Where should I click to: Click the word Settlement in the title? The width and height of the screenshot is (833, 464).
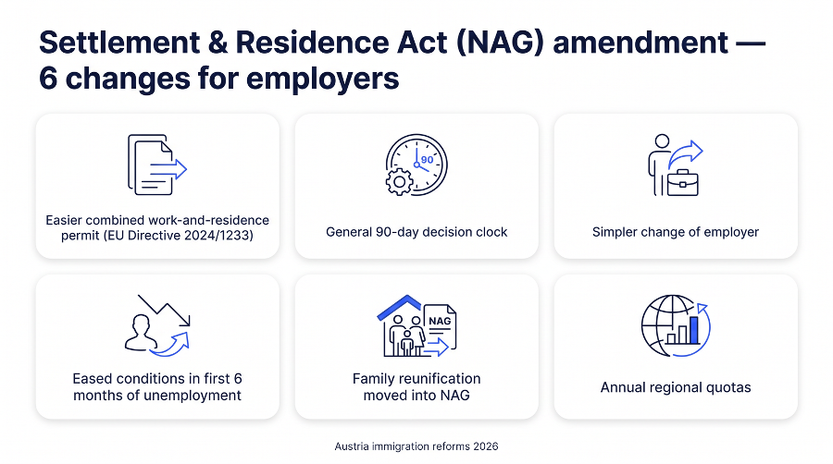(119, 43)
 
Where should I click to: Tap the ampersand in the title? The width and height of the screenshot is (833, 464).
(218, 43)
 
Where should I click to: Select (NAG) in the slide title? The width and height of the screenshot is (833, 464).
(500, 43)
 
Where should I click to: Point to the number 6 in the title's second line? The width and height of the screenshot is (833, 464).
(48, 79)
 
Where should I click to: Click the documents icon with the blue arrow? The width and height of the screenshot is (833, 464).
(157, 165)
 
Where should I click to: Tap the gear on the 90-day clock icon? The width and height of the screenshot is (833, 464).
(400, 182)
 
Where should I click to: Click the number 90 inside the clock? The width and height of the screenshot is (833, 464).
(427, 160)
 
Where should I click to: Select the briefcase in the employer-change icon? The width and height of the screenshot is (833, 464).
(683, 183)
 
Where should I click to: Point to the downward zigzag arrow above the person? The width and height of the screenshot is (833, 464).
(164, 310)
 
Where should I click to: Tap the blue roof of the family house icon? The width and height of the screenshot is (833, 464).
(400, 307)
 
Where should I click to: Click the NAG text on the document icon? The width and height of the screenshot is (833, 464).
(440, 321)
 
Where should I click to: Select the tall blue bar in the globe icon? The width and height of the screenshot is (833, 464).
(694, 330)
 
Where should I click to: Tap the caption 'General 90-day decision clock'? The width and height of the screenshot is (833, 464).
(416, 232)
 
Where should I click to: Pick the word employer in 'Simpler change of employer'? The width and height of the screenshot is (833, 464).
(731, 232)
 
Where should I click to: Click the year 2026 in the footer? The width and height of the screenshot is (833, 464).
(486, 446)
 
